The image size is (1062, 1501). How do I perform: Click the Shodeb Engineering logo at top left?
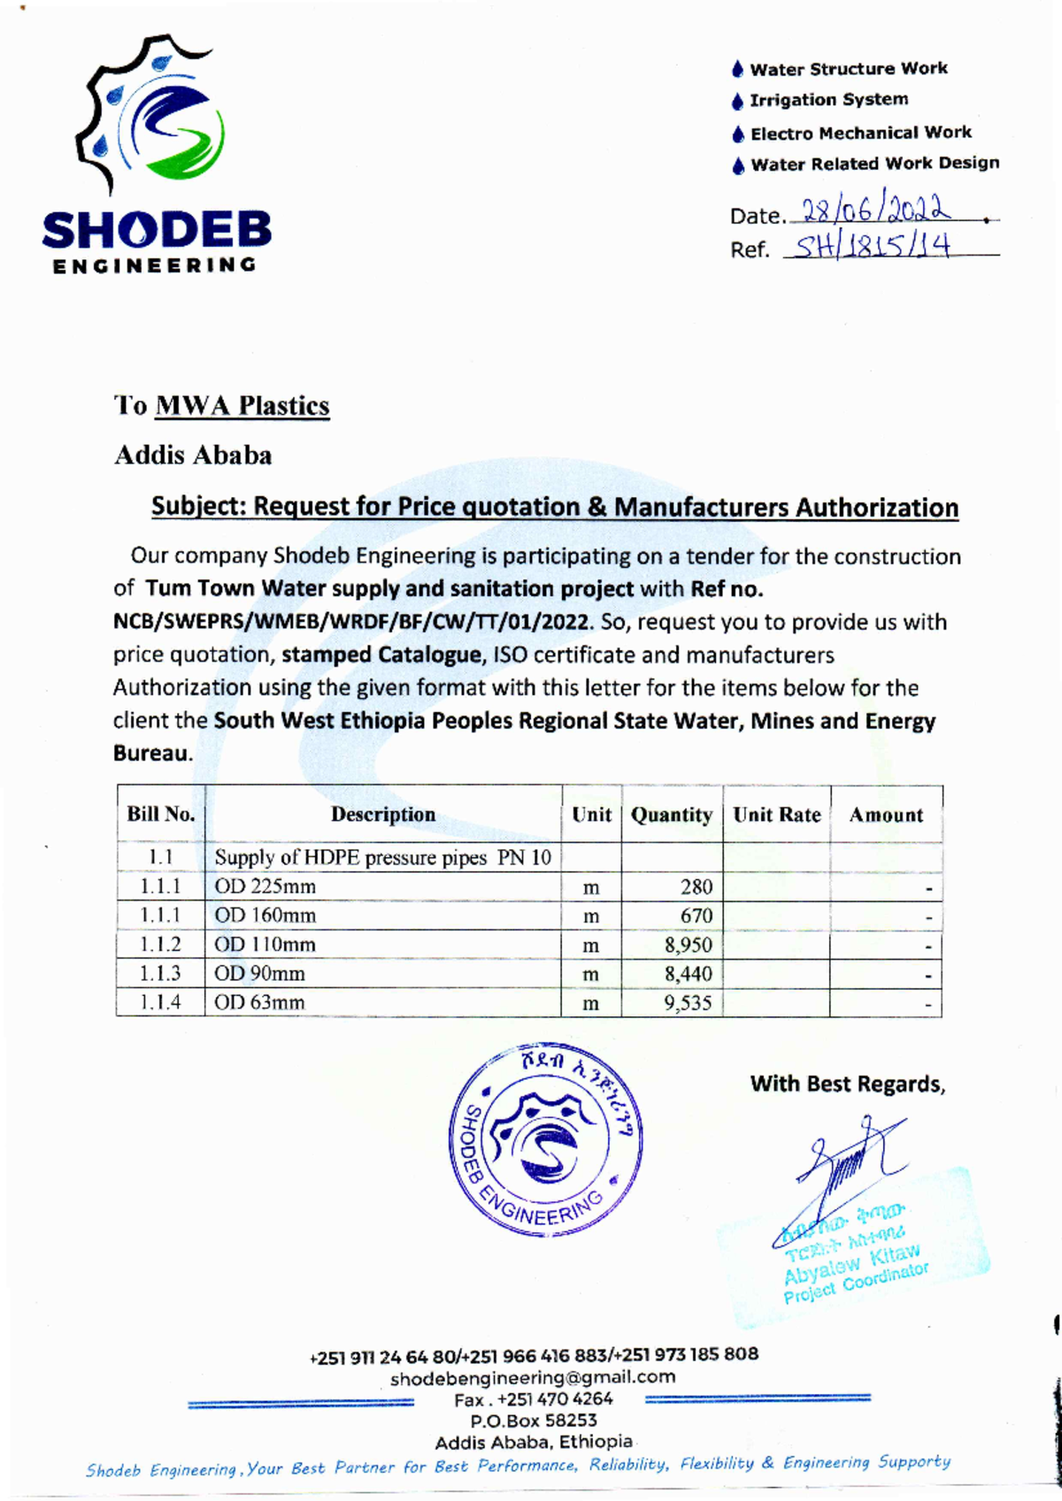point(156,155)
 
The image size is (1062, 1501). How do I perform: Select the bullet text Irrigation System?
point(828,100)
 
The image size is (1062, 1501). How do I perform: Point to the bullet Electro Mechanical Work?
point(860,133)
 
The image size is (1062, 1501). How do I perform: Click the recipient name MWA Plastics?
point(242,406)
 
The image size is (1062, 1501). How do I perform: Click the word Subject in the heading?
point(197,507)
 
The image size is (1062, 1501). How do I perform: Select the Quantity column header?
point(671,815)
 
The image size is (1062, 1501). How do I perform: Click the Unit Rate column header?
point(776,815)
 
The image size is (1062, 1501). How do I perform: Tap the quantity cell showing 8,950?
point(688,945)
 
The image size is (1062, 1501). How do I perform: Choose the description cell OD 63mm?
point(259,1002)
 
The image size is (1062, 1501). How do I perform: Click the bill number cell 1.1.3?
point(160,974)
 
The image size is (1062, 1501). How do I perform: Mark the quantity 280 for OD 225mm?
point(696,886)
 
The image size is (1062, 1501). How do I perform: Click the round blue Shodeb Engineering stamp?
point(546,1139)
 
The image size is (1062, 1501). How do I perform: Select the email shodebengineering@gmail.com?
point(533,1377)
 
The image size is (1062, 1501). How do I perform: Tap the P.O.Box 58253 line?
point(533,1421)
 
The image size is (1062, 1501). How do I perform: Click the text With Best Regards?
point(847,1084)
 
